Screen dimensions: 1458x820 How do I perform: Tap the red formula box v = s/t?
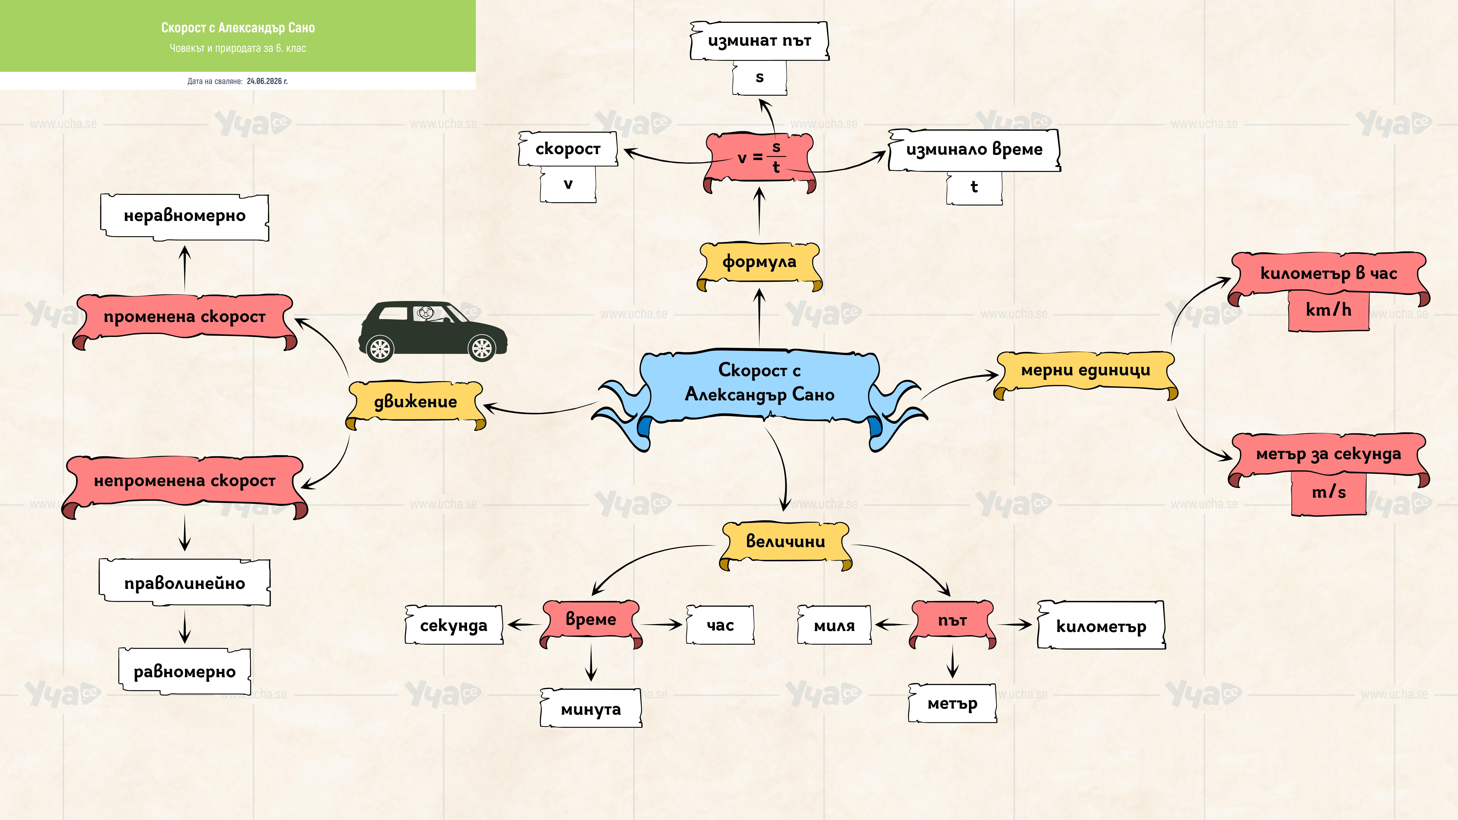[759, 161]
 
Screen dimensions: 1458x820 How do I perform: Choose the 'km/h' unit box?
[1328, 310]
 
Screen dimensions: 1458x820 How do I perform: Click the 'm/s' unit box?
[1328, 492]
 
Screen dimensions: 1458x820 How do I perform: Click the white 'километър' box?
[1101, 625]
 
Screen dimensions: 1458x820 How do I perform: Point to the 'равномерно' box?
[185, 672]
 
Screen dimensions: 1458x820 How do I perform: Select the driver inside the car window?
[426, 313]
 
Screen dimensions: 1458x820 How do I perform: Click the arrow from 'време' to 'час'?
[661, 625]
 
